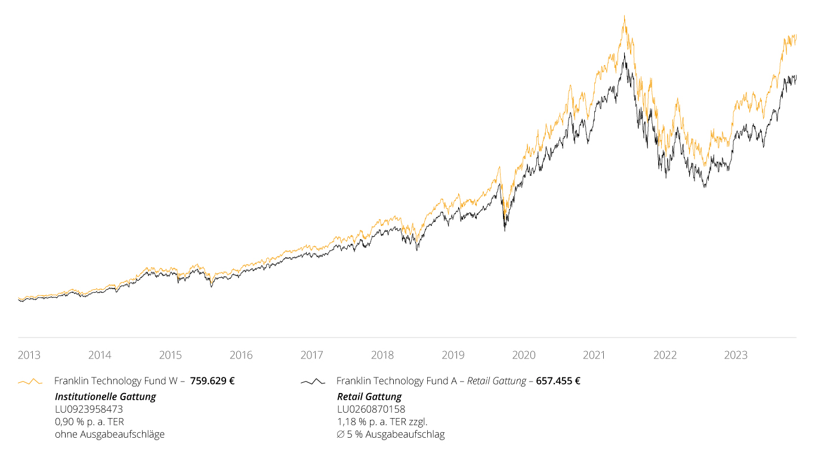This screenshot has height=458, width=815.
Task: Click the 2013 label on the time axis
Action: click(x=29, y=355)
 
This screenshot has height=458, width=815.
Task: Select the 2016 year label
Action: click(x=241, y=355)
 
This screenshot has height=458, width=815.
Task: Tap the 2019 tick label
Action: click(x=453, y=355)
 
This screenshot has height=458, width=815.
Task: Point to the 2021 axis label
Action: click(x=594, y=355)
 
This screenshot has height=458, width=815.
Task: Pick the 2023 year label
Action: click(x=736, y=355)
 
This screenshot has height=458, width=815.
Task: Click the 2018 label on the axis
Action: click(x=382, y=355)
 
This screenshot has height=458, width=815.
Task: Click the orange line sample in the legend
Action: click(x=30, y=382)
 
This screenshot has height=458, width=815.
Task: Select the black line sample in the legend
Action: click(x=313, y=382)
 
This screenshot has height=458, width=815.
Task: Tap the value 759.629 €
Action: click(x=212, y=381)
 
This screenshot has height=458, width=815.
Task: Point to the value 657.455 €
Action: click(x=558, y=381)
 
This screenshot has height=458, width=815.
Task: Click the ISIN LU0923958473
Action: click(x=89, y=409)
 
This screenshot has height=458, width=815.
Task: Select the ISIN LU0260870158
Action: click(x=371, y=409)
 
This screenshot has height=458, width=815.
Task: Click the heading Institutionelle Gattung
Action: click(x=106, y=397)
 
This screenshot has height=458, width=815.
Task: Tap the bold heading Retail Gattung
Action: click(x=369, y=397)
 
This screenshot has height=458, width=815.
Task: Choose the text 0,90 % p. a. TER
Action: click(x=89, y=422)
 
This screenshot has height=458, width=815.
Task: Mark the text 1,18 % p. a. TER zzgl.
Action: click(x=382, y=422)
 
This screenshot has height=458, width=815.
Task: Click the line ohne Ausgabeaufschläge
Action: click(x=110, y=434)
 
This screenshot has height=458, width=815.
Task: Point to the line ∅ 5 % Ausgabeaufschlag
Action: click(x=391, y=434)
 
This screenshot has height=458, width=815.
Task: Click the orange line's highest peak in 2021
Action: click(x=624, y=16)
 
